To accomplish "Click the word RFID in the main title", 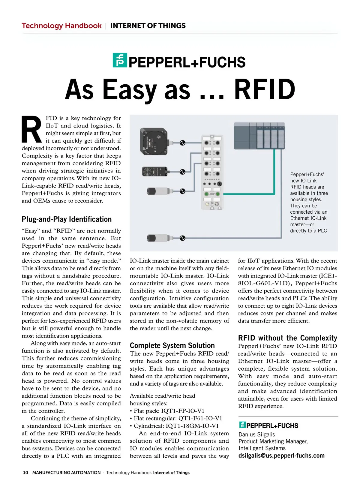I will (x=265, y=90).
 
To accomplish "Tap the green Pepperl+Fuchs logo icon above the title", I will (x=120, y=60).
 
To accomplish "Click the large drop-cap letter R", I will (x=31, y=130).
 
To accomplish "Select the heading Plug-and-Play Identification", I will (x=67, y=219).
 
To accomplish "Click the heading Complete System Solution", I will (x=172, y=345).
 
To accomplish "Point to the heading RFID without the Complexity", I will (x=287, y=338).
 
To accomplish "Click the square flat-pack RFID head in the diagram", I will (x=153, y=141).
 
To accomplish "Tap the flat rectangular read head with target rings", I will (x=154, y=172).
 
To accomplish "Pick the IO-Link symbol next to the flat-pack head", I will (x=182, y=143).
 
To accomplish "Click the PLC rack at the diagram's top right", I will (x=259, y=135).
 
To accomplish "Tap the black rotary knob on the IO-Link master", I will (x=219, y=183).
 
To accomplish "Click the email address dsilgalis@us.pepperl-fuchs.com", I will (x=281, y=455).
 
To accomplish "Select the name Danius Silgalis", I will (x=256, y=434).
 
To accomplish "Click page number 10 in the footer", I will (x=25, y=473).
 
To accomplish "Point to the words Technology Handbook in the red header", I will (x=61, y=26).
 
